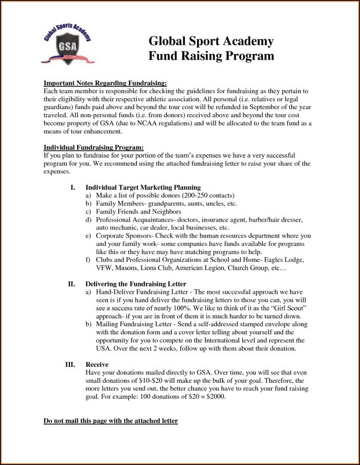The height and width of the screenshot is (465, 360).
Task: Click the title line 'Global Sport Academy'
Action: click(x=211, y=41)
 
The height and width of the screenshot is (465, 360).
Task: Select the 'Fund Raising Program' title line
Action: click(x=211, y=56)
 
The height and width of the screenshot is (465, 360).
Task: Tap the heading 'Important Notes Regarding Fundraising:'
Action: click(x=105, y=83)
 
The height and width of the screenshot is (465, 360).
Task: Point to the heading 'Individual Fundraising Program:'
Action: click(x=94, y=147)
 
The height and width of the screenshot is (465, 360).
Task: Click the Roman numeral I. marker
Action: click(x=73, y=187)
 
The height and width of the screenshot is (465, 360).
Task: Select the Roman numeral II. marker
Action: click(x=72, y=283)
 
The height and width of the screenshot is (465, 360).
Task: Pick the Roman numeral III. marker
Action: click(x=70, y=364)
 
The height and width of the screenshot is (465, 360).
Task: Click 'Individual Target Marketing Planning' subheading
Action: click(x=143, y=187)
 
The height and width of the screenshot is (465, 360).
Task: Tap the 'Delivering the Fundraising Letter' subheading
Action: click(x=136, y=283)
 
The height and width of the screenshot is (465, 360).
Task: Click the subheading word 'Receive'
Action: click(x=97, y=364)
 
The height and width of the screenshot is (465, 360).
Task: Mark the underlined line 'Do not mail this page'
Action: click(x=111, y=421)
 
